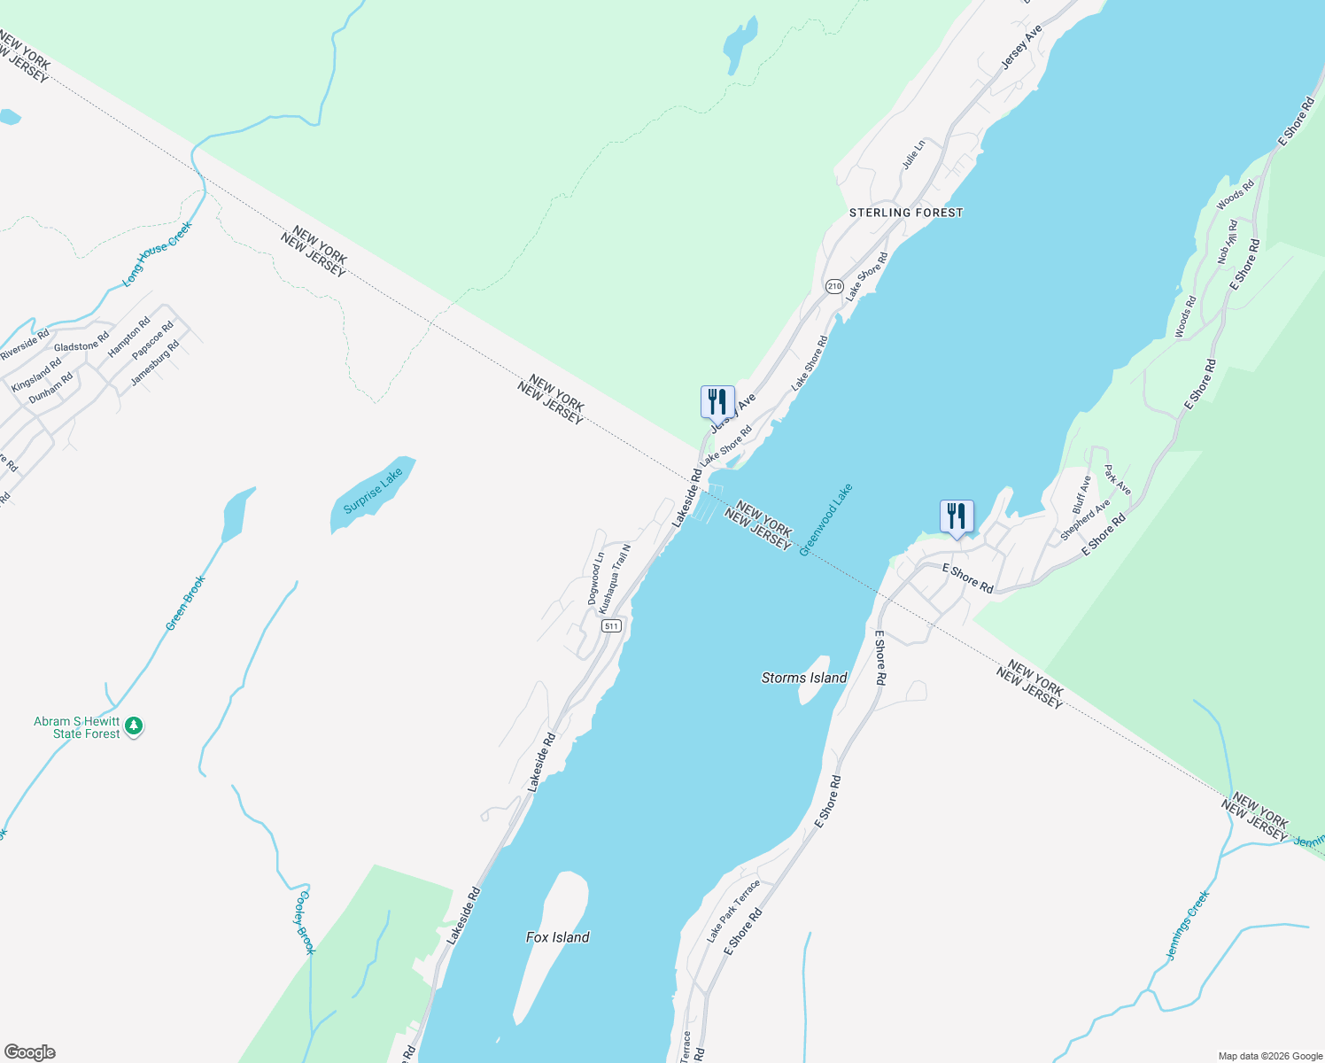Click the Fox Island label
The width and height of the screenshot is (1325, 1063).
557,937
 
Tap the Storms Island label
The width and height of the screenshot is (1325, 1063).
804,678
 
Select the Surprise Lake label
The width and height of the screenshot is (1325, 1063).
373,491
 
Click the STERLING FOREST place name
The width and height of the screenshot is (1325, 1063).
905,213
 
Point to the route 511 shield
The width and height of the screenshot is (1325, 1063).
611,625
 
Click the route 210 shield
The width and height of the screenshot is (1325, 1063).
834,286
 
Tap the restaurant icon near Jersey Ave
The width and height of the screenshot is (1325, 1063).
717,401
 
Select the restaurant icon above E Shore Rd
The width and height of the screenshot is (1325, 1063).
957,516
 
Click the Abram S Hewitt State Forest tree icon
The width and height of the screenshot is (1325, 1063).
134,726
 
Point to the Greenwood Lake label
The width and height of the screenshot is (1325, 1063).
825,519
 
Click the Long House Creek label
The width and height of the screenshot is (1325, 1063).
158,254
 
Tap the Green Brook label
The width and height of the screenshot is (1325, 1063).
185,603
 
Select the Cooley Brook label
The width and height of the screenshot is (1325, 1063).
304,922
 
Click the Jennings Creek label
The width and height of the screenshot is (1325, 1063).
1188,926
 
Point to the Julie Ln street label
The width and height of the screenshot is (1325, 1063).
913,154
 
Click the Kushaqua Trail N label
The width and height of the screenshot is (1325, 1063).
615,579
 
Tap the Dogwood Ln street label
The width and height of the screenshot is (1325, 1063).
596,578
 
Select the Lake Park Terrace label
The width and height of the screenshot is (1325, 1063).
733,911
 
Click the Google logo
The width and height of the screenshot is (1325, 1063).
30,1052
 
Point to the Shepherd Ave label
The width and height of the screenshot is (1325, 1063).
1085,520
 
